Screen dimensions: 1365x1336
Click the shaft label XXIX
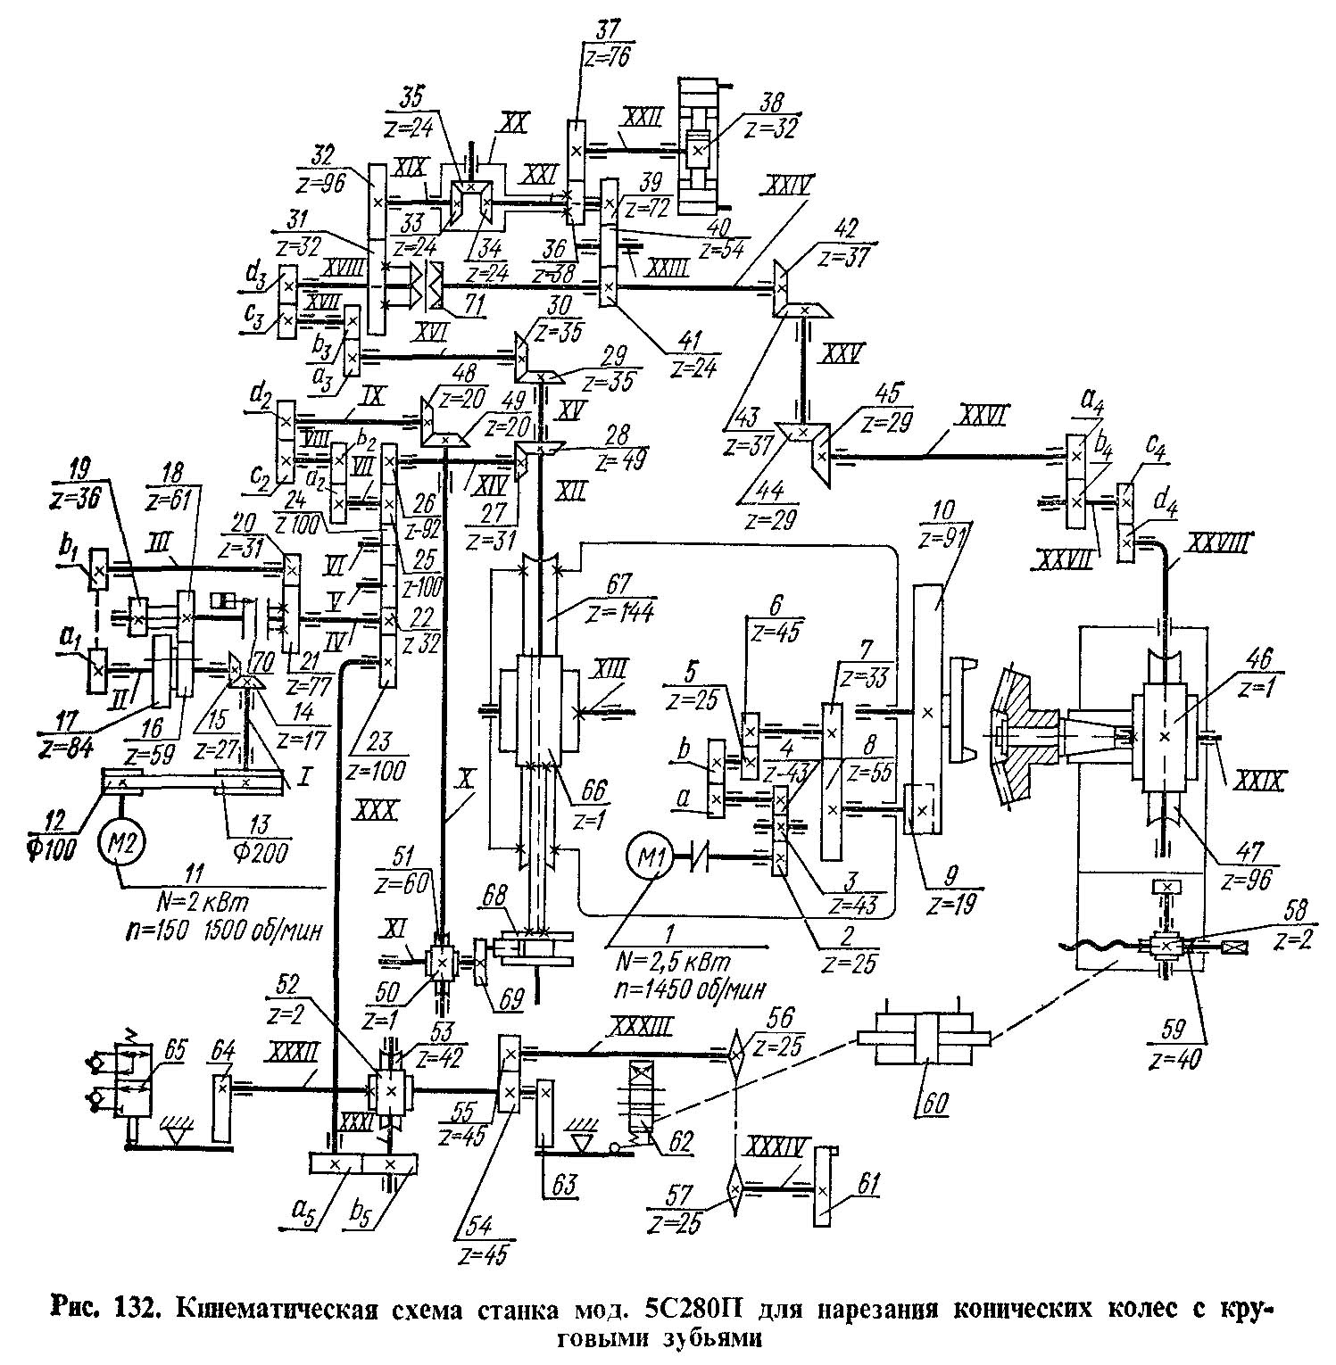(x=1257, y=782)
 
